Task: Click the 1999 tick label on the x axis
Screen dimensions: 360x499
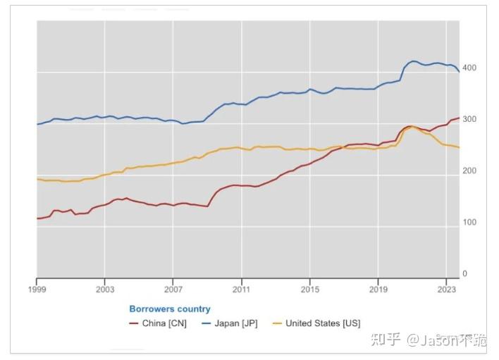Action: pos(37,289)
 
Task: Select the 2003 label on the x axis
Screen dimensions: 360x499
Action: pos(105,289)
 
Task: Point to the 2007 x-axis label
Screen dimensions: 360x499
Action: pos(173,289)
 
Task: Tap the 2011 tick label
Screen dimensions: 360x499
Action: pos(242,289)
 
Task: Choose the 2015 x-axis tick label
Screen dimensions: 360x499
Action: pos(310,289)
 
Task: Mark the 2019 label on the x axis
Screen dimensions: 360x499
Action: pos(378,289)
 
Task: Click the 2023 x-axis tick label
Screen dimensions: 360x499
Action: pos(446,289)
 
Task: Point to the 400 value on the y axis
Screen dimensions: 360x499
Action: pos(469,68)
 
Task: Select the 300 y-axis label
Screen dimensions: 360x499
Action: pos(469,119)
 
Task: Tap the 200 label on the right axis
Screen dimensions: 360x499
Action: pos(469,170)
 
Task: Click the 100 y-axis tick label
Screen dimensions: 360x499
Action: pos(469,222)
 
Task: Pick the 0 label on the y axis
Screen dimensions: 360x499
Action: pos(464,273)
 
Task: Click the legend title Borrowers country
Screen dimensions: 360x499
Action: pos(170,309)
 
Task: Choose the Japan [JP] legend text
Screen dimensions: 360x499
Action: pos(237,323)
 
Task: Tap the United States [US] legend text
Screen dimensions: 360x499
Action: pos(323,323)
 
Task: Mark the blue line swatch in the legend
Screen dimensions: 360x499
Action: pos(207,323)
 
